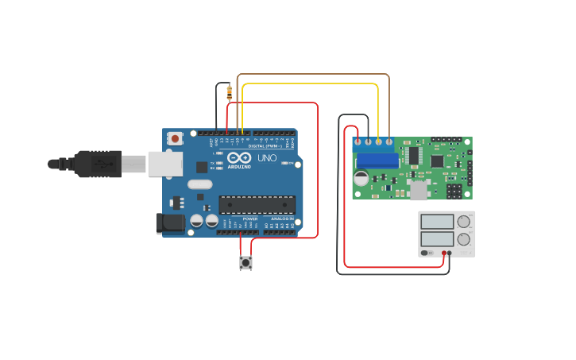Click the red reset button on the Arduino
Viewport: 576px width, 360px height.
(175, 137)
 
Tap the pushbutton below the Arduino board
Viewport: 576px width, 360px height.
(245, 262)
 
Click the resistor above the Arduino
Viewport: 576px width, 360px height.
(230, 92)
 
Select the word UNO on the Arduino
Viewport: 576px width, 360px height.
(268, 158)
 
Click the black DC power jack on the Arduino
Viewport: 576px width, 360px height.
(168, 223)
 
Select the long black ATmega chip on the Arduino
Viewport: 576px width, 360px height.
(257, 204)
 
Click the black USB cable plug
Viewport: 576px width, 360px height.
(95, 164)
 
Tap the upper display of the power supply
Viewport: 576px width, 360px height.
(436, 222)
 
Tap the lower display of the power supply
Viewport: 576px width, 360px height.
(436, 238)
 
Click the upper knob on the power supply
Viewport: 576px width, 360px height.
(463, 222)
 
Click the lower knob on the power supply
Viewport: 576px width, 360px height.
(463, 238)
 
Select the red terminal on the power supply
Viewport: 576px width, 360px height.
(443, 253)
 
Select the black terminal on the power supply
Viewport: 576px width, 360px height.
(450, 253)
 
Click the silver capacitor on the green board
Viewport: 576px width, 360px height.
(361, 179)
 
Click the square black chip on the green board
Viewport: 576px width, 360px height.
(436, 161)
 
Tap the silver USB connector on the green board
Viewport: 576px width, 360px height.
(418, 191)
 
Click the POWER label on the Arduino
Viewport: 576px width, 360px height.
(249, 218)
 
